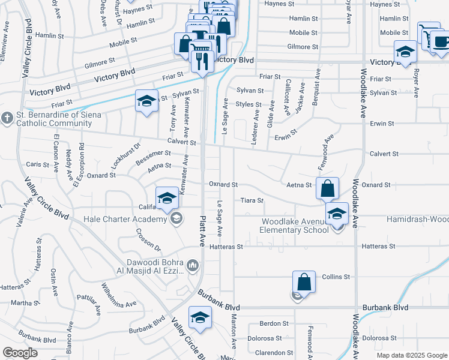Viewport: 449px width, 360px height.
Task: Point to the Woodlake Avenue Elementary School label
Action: click(x=294, y=226)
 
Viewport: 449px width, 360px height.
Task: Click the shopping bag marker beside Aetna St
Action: click(x=327, y=188)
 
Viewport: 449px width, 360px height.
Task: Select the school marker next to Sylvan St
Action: click(x=146, y=100)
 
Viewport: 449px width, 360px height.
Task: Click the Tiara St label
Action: click(x=252, y=200)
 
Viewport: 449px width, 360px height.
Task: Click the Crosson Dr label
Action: click(x=148, y=239)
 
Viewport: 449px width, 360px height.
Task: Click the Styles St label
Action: click(x=249, y=104)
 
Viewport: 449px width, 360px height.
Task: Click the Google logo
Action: click(x=20, y=353)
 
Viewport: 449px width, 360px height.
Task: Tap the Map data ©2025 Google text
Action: click(x=411, y=355)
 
